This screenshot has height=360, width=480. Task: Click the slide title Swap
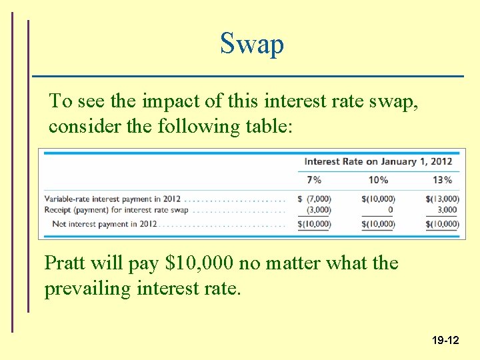252,44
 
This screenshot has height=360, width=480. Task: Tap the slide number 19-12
445,340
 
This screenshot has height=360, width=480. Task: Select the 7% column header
313,179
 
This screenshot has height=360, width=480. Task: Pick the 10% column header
378,179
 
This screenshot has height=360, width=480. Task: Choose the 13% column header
442,179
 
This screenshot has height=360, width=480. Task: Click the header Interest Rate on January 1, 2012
378,161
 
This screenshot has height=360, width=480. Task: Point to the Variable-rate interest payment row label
110,199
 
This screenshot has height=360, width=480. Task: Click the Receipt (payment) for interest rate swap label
117,210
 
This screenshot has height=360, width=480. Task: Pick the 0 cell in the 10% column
390,210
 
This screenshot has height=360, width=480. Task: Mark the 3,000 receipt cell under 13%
447,210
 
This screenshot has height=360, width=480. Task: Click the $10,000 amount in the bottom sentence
198,263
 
